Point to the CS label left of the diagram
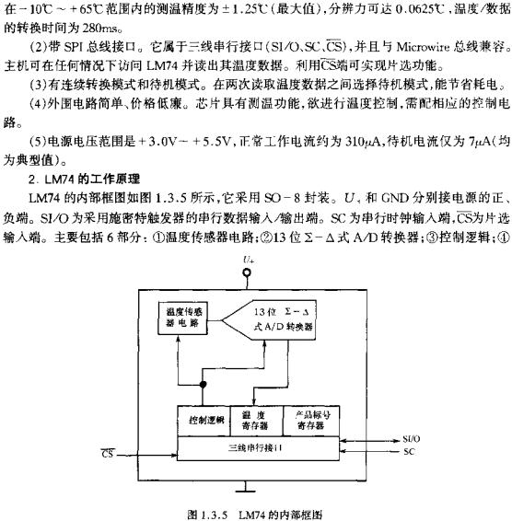(106, 450)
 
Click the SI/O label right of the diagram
(413, 439)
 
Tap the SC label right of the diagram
(410, 452)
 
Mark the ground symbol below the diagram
(245, 485)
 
